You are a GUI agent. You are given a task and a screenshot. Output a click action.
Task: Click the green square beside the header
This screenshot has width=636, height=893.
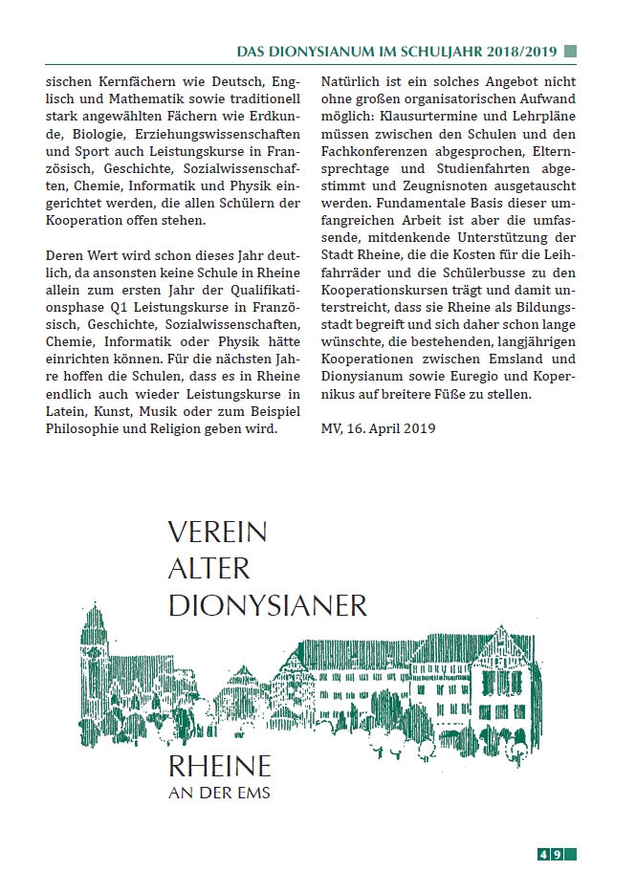570,52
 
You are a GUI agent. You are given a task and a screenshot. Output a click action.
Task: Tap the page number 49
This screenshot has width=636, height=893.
556,854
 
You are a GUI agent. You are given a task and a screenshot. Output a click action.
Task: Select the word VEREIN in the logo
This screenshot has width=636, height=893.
217,532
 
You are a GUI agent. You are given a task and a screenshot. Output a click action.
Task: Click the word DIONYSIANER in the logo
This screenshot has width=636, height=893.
267,604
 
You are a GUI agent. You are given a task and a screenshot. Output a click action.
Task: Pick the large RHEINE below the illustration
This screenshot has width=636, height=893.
219,766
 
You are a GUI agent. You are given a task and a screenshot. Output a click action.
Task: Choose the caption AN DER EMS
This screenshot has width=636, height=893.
219,792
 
